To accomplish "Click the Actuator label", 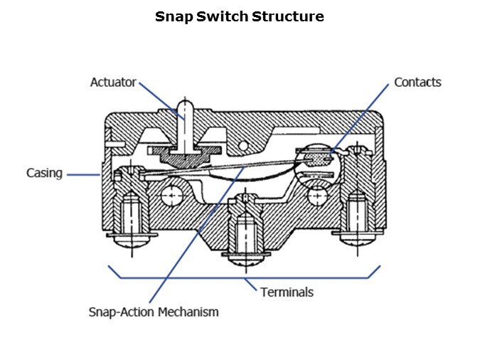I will click(x=112, y=82).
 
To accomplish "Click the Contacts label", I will click(x=417, y=82).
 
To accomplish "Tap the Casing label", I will click(x=45, y=173).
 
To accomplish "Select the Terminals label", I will click(x=287, y=292).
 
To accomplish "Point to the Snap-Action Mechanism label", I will click(x=153, y=312).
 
